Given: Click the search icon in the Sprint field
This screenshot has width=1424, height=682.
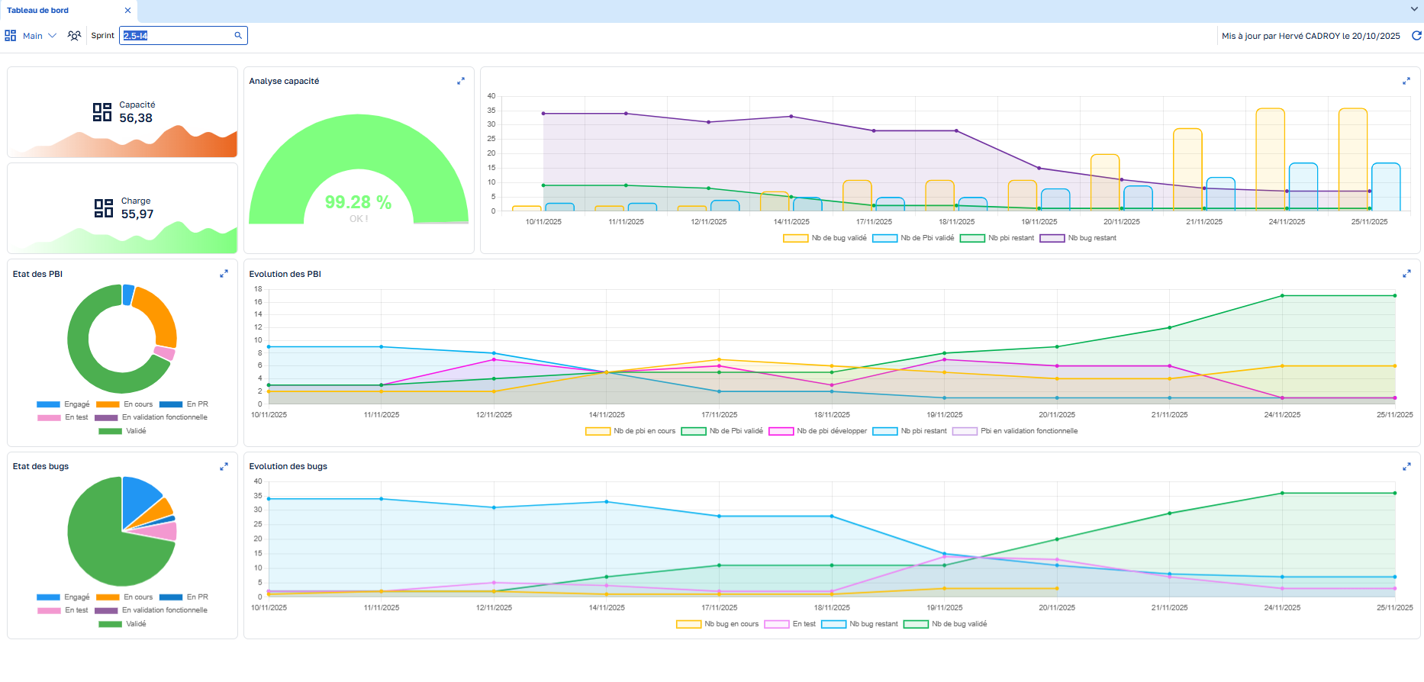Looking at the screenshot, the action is pyautogui.click(x=238, y=35).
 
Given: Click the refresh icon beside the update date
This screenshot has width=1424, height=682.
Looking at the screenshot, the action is pyautogui.click(x=1416, y=36).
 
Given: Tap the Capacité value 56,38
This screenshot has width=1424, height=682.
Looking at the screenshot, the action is pyautogui.click(x=136, y=118).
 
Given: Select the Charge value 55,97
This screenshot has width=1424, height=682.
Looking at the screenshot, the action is pyautogui.click(x=137, y=214).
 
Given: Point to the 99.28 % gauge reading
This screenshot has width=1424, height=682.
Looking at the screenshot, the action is pyautogui.click(x=358, y=202).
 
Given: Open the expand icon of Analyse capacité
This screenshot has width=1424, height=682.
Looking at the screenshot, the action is pyautogui.click(x=461, y=81).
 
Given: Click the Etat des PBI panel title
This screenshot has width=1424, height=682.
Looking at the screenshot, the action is pyautogui.click(x=37, y=274).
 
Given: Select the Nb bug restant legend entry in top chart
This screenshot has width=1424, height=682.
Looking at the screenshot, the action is pyautogui.click(x=1078, y=238).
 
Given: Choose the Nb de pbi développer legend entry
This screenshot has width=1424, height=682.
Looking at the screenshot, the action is pyautogui.click(x=818, y=431).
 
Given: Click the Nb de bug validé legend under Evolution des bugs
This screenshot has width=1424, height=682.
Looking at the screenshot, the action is pyautogui.click(x=946, y=624).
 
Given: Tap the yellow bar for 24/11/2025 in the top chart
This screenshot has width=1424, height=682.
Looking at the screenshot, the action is pyautogui.click(x=1271, y=159).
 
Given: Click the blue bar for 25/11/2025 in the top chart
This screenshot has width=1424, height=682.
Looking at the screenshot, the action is pyautogui.click(x=1386, y=187).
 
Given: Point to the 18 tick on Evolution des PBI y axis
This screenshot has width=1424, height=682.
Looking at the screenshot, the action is pyautogui.click(x=258, y=289).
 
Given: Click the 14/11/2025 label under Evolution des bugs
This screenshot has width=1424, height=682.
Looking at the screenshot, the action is pyautogui.click(x=607, y=608).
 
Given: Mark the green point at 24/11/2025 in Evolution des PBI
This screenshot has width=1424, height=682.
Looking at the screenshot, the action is pyautogui.click(x=1282, y=296).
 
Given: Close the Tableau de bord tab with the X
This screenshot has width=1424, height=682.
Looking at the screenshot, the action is pyautogui.click(x=127, y=11).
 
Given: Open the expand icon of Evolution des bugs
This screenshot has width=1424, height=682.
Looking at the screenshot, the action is pyautogui.click(x=1406, y=467).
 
